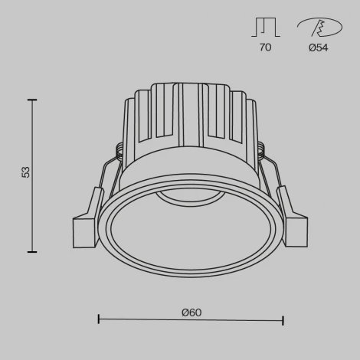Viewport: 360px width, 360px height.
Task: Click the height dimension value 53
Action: click(26, 172)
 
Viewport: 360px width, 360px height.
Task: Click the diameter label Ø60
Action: click(191, 313)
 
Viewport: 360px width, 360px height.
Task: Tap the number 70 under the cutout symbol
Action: click(265, 47)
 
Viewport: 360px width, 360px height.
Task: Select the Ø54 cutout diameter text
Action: click(319, 47)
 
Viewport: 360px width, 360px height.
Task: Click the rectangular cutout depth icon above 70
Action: click(265, 27)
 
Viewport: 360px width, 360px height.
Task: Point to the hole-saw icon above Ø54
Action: click(319, 27)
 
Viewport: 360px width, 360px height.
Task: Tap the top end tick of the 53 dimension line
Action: click(32, 100)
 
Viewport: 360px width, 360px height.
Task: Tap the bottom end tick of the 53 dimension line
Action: click(32, 251)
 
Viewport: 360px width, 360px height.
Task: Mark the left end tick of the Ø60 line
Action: click(99, 319)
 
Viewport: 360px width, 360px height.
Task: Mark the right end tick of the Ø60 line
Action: click(283, 319)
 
